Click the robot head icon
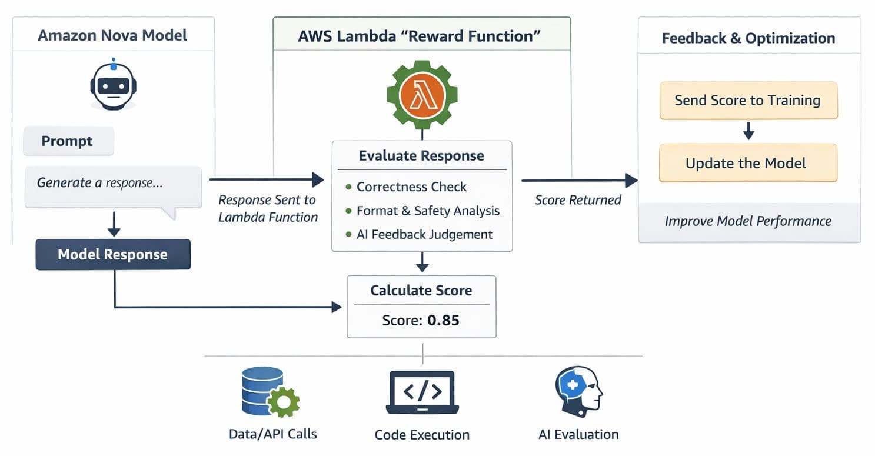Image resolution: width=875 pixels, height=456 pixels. coord(113,86)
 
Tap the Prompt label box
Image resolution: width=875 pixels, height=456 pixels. coord(68,142)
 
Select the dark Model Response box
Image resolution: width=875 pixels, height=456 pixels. coord(113,255)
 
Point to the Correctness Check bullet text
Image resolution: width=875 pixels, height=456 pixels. coord(411,187)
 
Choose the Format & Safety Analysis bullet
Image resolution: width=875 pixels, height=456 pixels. coord(428,211)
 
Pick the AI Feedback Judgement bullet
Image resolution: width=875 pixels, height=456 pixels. coord(424,234)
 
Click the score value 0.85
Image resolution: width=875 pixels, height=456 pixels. coord(443,321)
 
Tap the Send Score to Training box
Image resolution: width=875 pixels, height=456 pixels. coord(748,101)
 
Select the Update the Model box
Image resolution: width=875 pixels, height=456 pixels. coord(748,163)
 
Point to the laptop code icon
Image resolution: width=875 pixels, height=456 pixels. coord(422,392)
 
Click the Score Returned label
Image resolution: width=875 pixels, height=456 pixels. coord(578,200)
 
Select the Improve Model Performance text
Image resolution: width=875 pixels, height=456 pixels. coord(748,221)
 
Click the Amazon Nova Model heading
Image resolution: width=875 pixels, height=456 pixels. coord(112,35)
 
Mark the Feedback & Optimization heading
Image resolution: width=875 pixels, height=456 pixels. coord(748,38)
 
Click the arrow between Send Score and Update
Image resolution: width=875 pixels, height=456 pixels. coord(748,131)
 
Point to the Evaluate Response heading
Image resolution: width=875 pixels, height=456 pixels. coord(421,156)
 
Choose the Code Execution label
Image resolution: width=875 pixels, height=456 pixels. coord(422,435)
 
